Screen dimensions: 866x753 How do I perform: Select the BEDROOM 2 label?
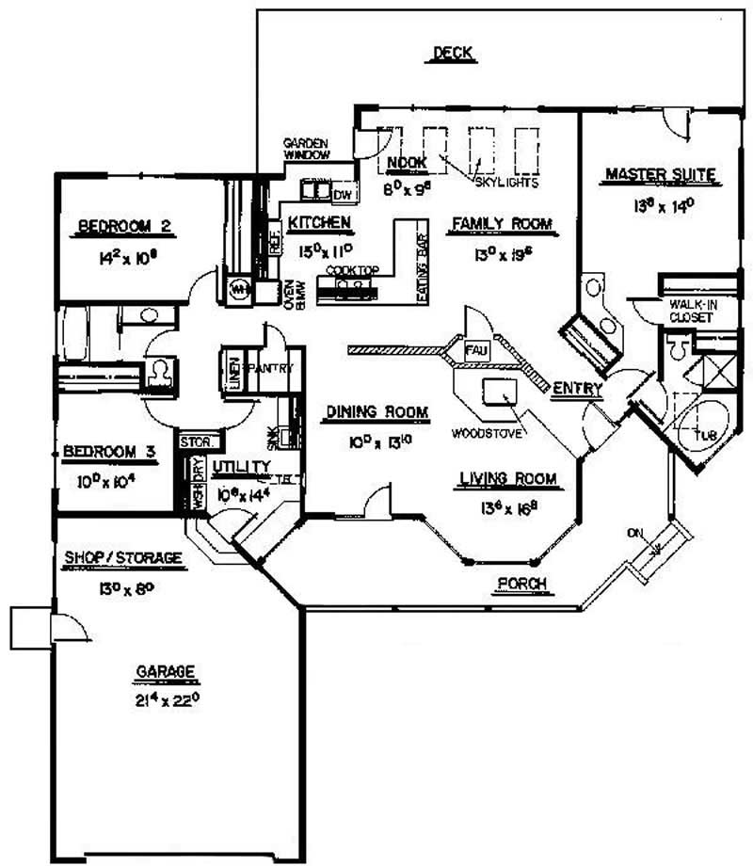click(123, 225)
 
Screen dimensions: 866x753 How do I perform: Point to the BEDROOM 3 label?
click(106, 453)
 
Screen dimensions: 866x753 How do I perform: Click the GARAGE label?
click(166, 671)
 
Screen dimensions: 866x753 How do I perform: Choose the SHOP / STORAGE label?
click(121, 558)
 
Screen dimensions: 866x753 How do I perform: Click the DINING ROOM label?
click(377, 411)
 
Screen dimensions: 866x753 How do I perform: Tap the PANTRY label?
click(273, 367)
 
